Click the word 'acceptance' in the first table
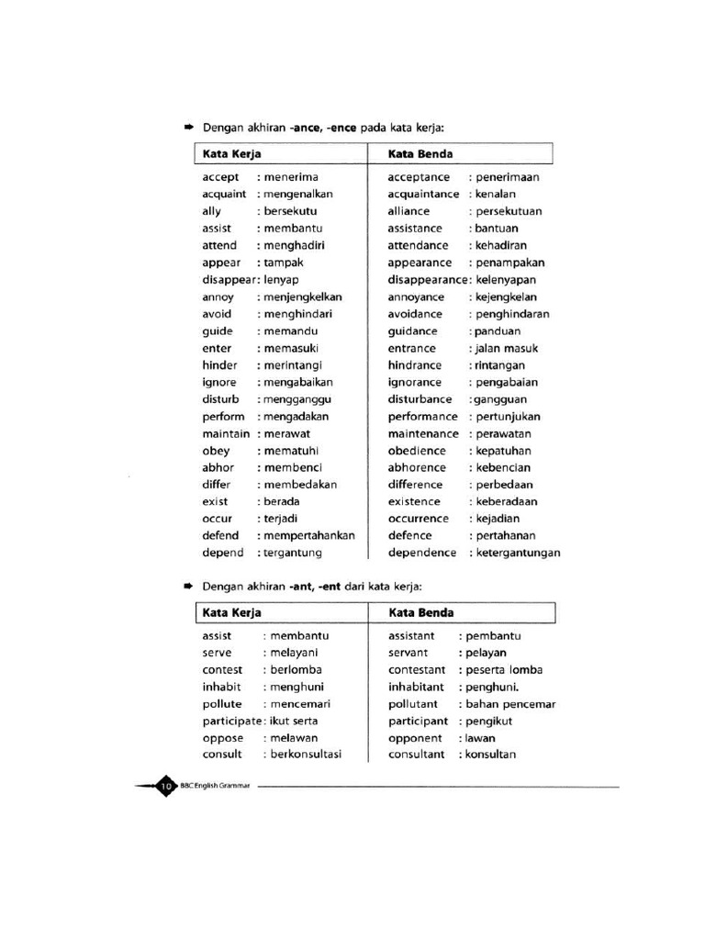tap(419, 177)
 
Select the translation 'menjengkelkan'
tap(303, 297)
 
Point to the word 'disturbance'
tap(420, 399)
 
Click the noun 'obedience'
tap(417, 451)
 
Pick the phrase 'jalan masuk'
tap(507, 349)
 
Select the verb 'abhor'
tap(218, 467)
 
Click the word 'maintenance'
tap(423, 433)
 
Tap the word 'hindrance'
tap(415, 365)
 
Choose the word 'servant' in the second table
tap(409, 653)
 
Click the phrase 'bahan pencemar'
tap(510, 704)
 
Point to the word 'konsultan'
tap(491, 755)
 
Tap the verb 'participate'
tap(233, 722)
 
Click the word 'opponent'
tap(415, 738)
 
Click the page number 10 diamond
tap(166, 786)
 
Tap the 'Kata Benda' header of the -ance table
tap(420, 154)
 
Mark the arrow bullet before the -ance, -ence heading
tap(188, 127)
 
